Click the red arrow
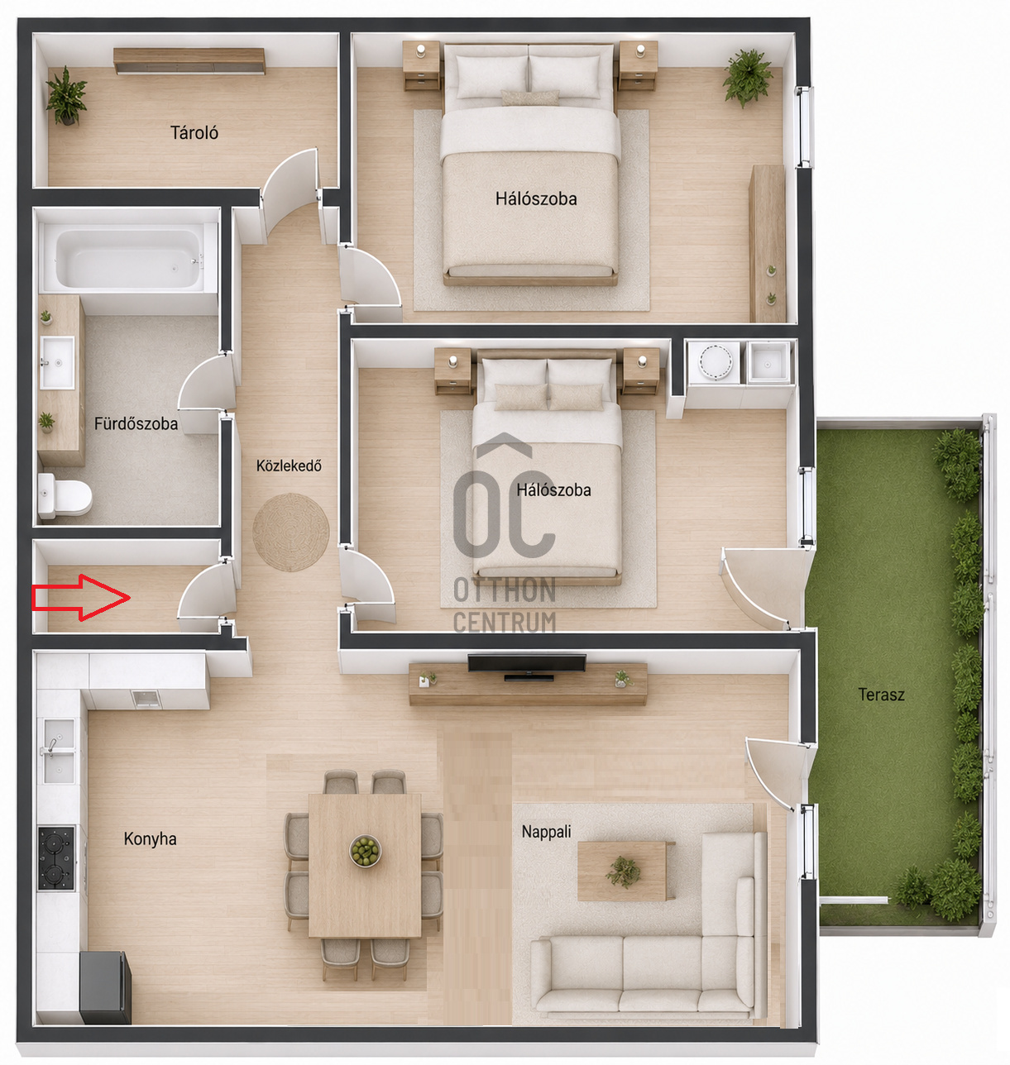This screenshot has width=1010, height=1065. pos(81,597)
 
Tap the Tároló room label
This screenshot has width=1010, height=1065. pos(194,133)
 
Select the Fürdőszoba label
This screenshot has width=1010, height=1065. pos(136,423)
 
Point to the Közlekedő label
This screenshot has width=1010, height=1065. pos(289,466)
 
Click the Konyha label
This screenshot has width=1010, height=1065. pos(151,838)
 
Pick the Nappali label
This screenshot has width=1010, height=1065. pos(547,832)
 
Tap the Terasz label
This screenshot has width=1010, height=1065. pos(881,695)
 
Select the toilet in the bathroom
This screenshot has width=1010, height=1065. pos(65,495)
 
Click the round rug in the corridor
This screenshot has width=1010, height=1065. pos(291,532)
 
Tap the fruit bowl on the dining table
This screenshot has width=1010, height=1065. pos(365,851)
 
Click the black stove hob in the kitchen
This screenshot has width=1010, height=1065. pos(56,858)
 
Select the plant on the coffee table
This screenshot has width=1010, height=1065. pos(624,872)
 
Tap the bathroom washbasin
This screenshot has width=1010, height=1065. pos(57,362)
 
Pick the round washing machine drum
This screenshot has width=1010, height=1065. pos(715,361)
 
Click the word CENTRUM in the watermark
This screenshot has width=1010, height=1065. pos(505,623)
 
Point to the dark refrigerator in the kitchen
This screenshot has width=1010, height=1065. pos(105,987)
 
